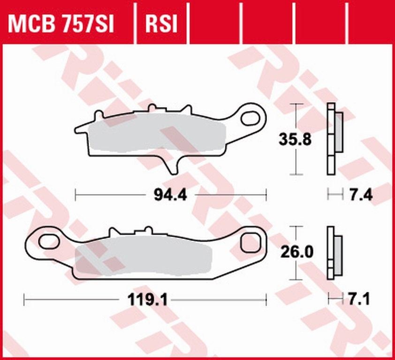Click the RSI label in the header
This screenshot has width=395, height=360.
pos(162,23)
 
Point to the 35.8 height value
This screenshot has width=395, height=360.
pos(295,140)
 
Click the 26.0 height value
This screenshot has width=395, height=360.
pos(295,252)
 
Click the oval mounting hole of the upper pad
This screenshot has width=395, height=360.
pos(250,118)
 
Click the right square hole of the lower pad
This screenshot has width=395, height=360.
pos(250,243)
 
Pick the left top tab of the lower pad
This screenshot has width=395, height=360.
pos(113,232)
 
